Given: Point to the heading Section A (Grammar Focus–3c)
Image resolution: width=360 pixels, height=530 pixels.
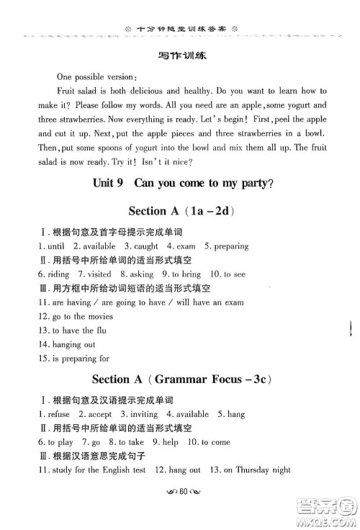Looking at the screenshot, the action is tap(180, 379).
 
